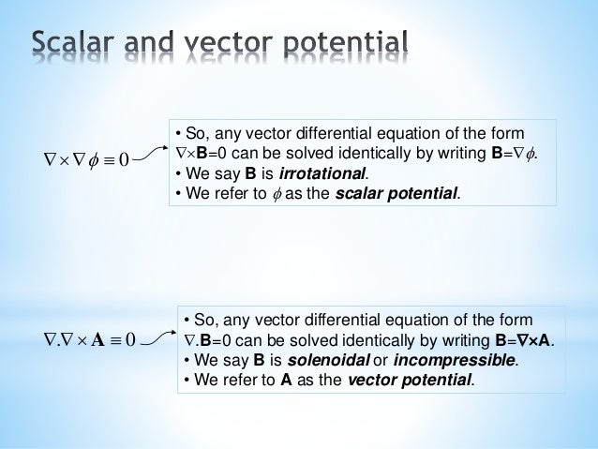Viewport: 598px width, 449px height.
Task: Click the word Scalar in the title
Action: (78, 42)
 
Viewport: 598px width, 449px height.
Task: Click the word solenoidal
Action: (331, 359)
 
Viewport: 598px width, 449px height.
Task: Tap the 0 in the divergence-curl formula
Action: (131, 337)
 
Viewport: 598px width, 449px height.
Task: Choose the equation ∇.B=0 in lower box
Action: (209, 338)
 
